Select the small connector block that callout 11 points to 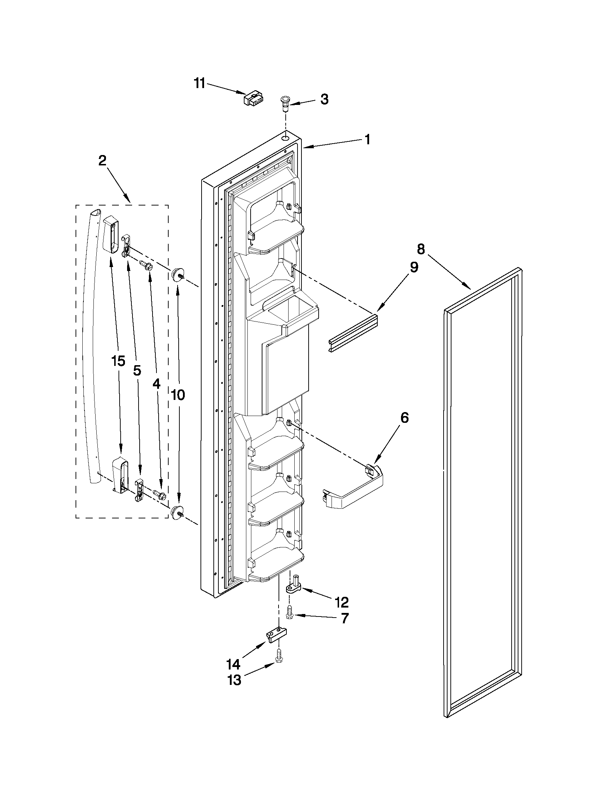coord(254,98)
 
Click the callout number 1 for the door coord(367,139)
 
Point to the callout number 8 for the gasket coord(421,249)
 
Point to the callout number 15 coord(119,361)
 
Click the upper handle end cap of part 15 coord(111,234)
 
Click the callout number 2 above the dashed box coord(102,160)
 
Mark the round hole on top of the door coord(286,138)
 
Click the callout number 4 coord(156,385)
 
